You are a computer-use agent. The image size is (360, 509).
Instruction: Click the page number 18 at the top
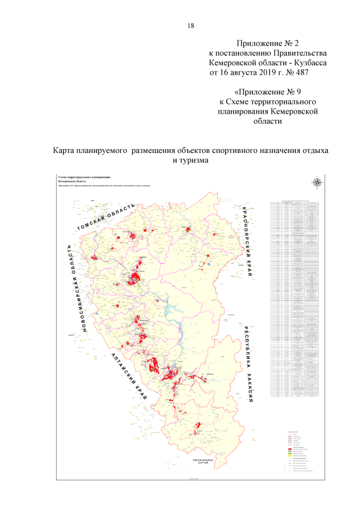190,26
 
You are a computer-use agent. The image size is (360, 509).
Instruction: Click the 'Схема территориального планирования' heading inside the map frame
84,177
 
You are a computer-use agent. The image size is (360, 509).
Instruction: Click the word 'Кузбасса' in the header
311,63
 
